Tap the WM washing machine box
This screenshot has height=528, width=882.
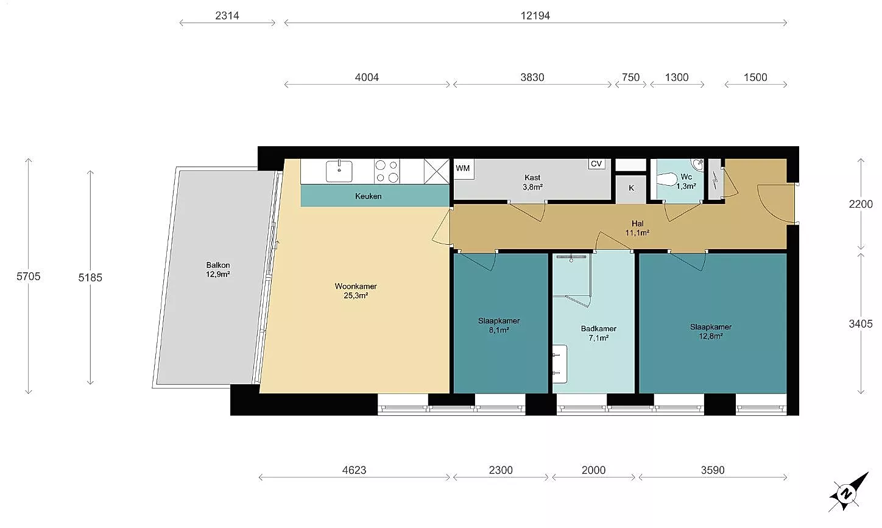click(x=464, y=169)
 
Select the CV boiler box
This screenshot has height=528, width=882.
click(x=596, y=164)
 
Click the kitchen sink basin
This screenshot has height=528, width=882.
click(x=339, y=171)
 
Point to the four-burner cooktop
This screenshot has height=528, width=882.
click(x=387, y=171)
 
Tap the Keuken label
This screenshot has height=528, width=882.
click(x=368, y=196)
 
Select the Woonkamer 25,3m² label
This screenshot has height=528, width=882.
click(x=356, y=291)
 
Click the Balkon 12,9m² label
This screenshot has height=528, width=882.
click(x=217, y=270)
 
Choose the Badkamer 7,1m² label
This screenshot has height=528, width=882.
click(x=599, y=333)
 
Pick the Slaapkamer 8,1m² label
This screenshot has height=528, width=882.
click(x=499, y=325)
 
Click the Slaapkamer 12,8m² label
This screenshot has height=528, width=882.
click(x=711, y=331)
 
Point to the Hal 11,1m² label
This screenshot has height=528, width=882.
click(x=638, y=228)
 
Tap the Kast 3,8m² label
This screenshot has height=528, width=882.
click(x=532, y=182)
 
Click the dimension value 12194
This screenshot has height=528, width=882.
click(x=535, y=15)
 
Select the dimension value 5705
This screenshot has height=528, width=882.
click(x=29, y=276)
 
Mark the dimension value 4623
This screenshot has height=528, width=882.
click(x=354, y=470)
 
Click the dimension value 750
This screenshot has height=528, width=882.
click(x=631, y=77)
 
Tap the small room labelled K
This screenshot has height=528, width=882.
click(x=631, y=189)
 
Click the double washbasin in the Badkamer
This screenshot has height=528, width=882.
click(x=560, y=364)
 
